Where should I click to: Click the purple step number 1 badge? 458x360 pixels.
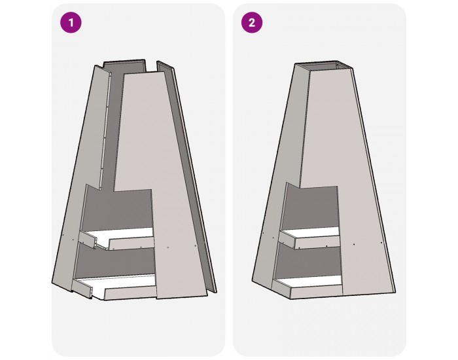[71, 22]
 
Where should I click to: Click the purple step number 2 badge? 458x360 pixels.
[252, 22]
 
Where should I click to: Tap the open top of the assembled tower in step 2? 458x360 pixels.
[324, 65]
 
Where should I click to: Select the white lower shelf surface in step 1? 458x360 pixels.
[123, 284]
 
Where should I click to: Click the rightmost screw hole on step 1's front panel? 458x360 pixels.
[196, 245]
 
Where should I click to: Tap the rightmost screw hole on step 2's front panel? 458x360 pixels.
[381, 243]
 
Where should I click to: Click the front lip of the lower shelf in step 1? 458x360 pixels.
[131, 293]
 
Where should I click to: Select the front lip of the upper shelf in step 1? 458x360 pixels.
[132, 243]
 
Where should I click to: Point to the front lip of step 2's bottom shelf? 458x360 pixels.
[317, 293]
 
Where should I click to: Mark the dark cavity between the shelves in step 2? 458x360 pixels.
[309, 262]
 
